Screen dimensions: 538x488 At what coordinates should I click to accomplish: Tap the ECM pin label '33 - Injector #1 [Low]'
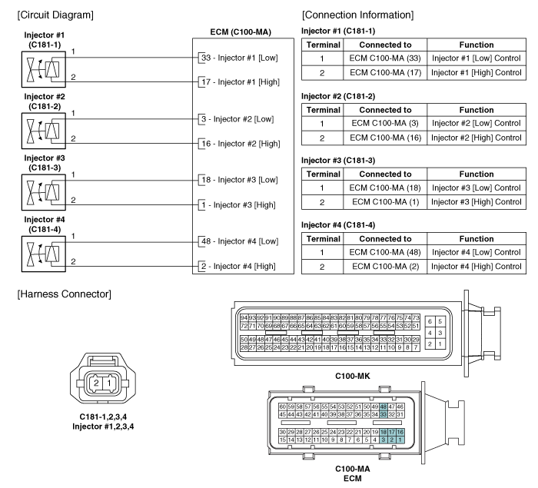pyautogui.click(x=240, y=58)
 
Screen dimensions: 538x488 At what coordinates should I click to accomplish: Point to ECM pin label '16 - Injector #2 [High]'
pyautogui.click(x=241, y=144)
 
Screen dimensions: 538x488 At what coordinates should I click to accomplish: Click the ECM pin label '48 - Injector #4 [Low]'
pyautogui.click(x=240, y=241)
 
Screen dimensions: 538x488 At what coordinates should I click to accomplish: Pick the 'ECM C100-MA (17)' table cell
pyautogui.click(x=385, y=73)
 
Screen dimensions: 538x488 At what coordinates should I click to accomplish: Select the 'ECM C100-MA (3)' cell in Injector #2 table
pyautogui.click(x=385, y=123)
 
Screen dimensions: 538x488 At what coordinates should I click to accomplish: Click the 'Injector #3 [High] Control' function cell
pyautogui.click(x=477, y=202)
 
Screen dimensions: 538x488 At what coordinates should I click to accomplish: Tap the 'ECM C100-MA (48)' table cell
pyautogui.click(x=385, y=252)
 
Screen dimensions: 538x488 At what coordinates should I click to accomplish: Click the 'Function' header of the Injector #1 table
pyautogui.click(x=477, y=45)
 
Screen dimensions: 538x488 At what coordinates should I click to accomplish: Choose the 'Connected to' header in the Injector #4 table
pyautogui.click(x=385, y=239)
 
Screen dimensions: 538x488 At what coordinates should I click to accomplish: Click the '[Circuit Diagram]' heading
pyautogui.click(x=55, y=15)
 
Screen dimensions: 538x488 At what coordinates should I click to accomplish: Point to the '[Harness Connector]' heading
pyautogui.click(x=64, y=294)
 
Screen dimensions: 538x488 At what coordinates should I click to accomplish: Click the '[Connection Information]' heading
pyautogui.click(x=358, y=15)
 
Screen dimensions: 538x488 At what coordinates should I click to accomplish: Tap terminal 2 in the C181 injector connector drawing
pyautogui.click(x=96, y=383)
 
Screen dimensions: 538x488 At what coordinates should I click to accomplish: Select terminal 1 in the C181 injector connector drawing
pyautogui.click(x=109, y=383)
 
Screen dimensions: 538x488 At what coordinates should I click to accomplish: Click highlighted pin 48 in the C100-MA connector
pyautogui.click(x=384, y=407)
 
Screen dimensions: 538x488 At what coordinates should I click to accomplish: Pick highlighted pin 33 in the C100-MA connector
pyautogui.click(x=384, y=414)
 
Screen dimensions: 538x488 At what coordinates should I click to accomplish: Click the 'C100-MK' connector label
pyautogui.click(x=353, y=376)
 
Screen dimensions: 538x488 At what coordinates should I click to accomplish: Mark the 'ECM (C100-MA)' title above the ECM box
pyautogui.click(x=241, y=32)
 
